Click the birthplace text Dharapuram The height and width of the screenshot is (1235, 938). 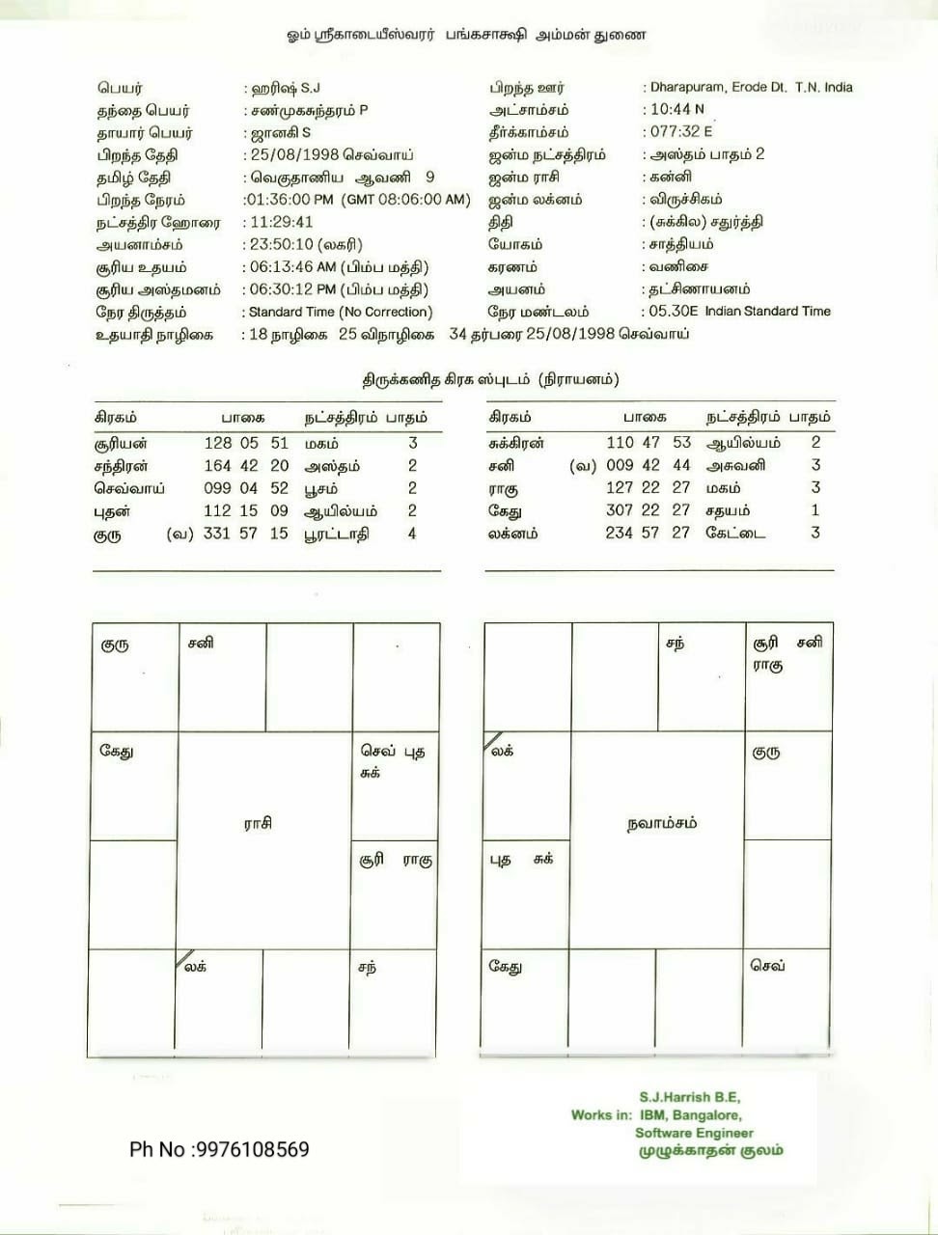[686, 87]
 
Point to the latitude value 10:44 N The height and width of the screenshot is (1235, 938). [676, 109]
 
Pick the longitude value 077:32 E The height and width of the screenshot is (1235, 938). [681, 131]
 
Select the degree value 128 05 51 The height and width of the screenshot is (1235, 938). [246, 443]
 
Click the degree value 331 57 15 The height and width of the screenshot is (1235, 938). [246, 534]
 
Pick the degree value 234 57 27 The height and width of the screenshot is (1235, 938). [648, 533]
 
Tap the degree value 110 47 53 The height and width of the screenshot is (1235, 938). [648, 442]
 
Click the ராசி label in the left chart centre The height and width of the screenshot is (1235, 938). [258, 823]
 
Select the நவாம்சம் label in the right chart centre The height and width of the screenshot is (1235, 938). [661, 823]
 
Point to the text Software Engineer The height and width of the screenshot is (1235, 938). [694, 1133]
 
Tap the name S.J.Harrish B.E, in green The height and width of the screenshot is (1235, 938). [690, 1097]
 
